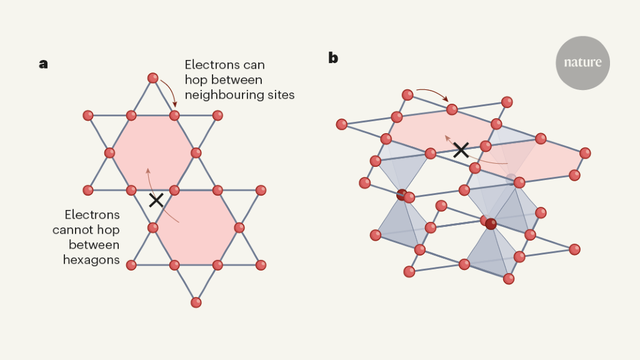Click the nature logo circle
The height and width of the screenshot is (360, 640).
582,62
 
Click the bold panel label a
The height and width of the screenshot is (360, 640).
43,64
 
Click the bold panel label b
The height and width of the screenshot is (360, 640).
333,58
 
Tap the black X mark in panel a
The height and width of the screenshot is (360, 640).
156,200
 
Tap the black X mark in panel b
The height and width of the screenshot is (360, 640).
461,149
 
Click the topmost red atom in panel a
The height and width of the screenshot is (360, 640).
152,78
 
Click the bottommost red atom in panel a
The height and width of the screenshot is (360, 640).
196,302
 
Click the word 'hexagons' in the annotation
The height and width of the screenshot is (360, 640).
91,259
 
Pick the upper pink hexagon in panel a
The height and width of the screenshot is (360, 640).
152,152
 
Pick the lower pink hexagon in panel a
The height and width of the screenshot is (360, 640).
196,227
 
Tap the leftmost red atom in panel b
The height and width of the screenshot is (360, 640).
341,124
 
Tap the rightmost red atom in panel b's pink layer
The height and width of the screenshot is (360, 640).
585,153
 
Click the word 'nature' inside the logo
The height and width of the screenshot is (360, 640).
582,62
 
